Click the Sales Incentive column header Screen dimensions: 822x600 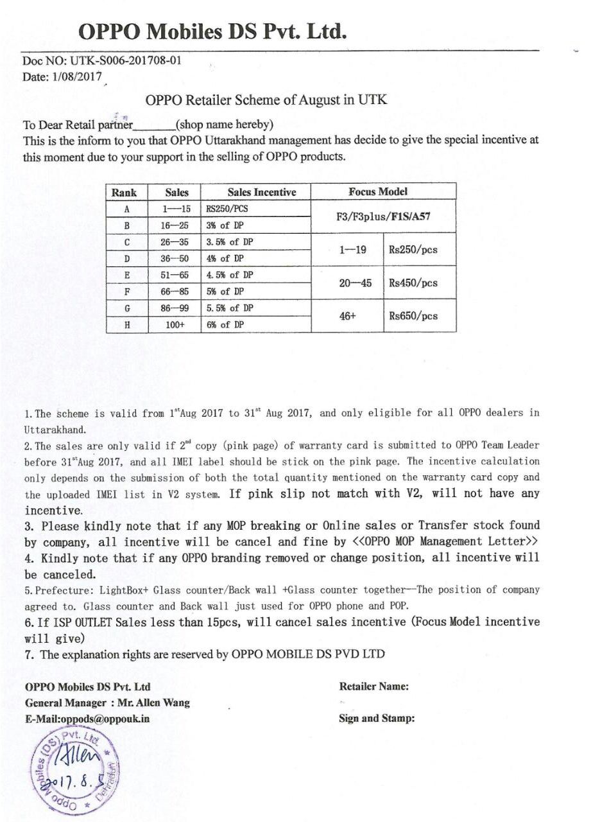[262, 192]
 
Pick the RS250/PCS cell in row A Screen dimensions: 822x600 [227, 209]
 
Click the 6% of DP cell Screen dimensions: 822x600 [225, 325]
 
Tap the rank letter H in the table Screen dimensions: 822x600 [127, 325]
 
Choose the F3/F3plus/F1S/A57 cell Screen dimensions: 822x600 [383, 216]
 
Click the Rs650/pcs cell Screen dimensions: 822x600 [413, 316]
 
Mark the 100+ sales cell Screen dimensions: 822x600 [175, 325]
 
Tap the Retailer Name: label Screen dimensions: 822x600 [373, 686]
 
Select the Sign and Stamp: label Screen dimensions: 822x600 [377, 718]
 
